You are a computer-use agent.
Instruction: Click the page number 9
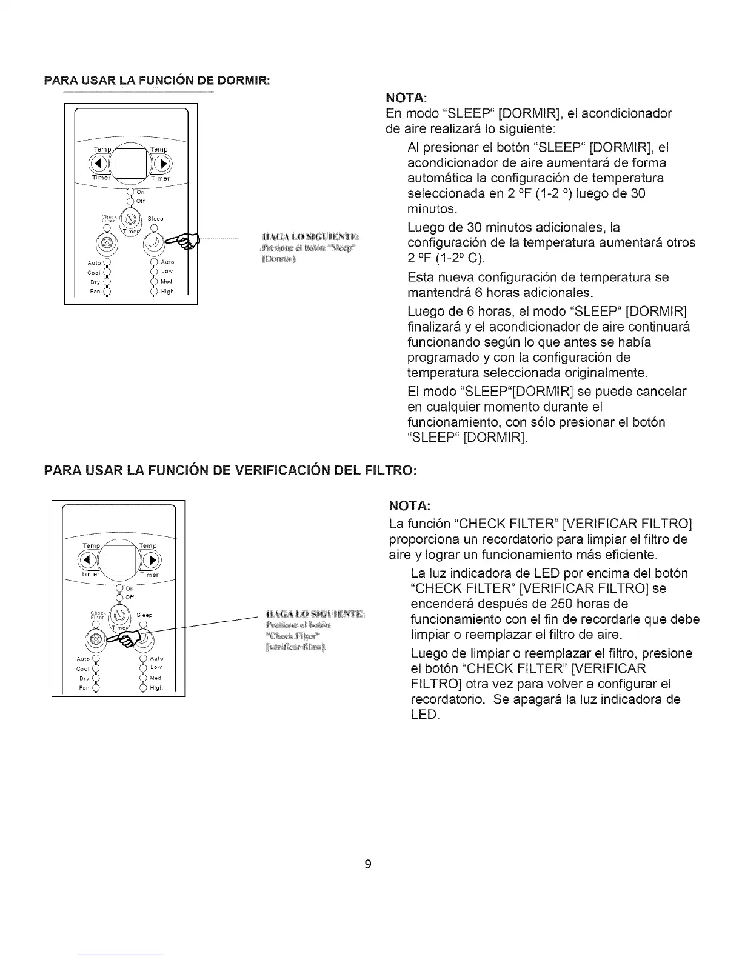(x=367, y=864)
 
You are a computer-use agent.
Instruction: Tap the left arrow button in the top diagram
(x=99, y=164)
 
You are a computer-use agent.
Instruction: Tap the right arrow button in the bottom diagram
(x=152, y=559)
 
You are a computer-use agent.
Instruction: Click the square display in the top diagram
(x=130, y=163)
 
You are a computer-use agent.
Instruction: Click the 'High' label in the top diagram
(x=167, y=292)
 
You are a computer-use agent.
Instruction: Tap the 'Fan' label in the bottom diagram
(x=84, y=688)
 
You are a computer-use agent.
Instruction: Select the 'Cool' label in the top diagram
(x=94, y=272)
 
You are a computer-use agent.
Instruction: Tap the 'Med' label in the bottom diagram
(x=155, y=678)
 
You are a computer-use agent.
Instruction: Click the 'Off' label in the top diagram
(x=141, y=201)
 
